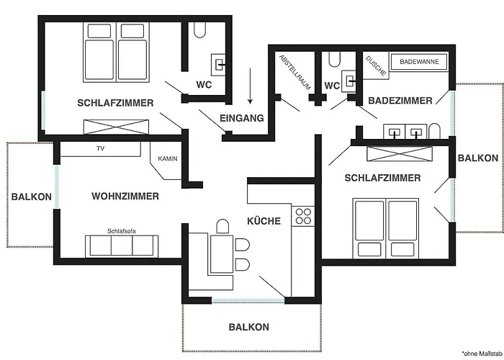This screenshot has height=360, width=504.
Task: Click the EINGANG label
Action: click(242, 118)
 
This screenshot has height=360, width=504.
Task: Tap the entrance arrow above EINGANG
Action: click(250, 86)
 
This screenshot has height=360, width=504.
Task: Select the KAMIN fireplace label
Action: click(168, 159)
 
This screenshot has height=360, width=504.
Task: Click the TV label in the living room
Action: click(101, 148)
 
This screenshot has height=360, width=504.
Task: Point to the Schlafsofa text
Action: click(122, 231)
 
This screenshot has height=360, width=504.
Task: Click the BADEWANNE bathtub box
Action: click(419, 62)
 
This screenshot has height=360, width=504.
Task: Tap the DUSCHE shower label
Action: click(376, 66)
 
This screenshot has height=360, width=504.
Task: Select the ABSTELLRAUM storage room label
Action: click(294, 72)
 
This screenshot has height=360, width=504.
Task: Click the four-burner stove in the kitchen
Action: click(303, 216)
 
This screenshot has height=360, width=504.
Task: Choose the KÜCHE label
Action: click(264, 221)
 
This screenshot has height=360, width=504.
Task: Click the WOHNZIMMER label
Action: click(125, 196)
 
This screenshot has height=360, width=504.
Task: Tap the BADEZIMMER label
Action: click(400, 101)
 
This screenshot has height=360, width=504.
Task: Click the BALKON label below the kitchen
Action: click(249, 327)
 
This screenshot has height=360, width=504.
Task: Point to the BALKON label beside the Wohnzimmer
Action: click(32, 197)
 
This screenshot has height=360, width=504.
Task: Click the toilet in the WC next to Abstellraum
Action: click(334, 59)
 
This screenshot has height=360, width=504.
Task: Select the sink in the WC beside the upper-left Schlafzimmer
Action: click(218, 65)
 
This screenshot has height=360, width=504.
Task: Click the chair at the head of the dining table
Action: click(222, 226)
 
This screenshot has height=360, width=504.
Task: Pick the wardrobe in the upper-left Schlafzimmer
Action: click(116, 127)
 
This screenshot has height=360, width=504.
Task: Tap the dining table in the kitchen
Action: click(222, 254)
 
